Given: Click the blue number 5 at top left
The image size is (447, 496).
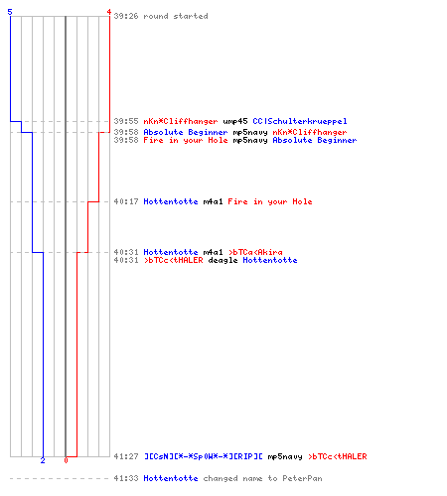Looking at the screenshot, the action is point(10,12).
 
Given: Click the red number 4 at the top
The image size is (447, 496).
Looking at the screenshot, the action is point(108,12).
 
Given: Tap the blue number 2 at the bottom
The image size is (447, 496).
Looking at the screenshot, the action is point(43,460).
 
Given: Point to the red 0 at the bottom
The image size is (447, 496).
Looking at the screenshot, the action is point(66,460).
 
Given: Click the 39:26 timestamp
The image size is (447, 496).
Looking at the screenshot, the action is point(126,16).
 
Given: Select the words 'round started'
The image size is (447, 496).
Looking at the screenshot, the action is point(176,16).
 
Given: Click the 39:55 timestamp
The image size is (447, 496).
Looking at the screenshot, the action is point(126,121).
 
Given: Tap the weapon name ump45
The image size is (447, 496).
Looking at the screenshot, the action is point(235,121).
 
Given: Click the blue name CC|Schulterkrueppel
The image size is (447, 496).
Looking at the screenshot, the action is point(300,121).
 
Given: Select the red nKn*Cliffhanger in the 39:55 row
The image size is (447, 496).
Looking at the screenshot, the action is point(181,121).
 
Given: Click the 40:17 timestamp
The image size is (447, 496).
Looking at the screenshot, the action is point(126,201).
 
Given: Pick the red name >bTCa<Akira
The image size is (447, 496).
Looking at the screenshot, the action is point(255,252).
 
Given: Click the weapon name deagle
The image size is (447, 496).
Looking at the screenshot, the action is point(223,260).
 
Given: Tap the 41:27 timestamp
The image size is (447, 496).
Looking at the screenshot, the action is point(126,456).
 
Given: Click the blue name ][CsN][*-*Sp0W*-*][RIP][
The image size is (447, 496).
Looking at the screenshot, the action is point(204,456).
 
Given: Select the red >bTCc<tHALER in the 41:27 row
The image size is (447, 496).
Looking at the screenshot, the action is point(338,456).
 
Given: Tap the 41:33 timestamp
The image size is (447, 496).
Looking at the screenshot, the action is point(126,478).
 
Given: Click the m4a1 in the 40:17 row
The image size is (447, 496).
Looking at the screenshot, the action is point(213,201).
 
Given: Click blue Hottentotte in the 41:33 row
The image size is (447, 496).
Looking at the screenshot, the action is point(171,478).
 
